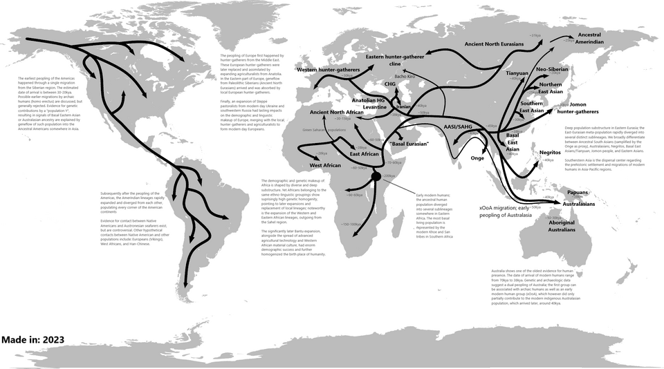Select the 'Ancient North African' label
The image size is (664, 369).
coord(337,112)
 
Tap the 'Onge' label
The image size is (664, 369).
coord(477,158)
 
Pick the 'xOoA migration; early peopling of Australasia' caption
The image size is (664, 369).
coord(504,211)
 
